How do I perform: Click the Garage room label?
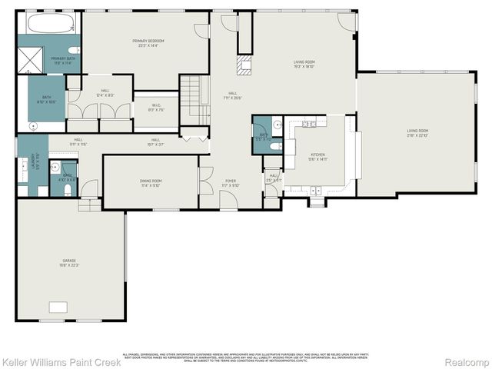(69, 261)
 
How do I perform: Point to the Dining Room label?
(151, 181)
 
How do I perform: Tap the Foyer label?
(231, 181)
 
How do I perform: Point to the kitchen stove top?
(309, 124)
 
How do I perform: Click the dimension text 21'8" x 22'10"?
(417, 135)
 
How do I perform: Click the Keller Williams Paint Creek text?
(61, 361)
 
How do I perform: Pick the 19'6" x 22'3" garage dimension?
(69, 266)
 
